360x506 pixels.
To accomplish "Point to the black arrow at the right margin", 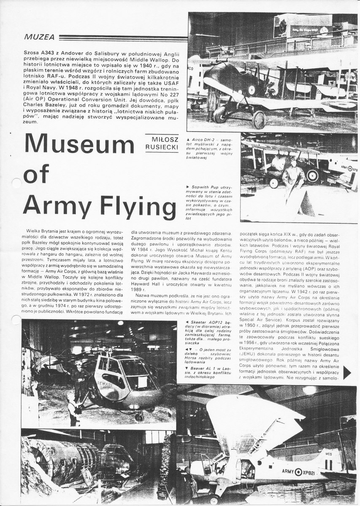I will tap(347, 372).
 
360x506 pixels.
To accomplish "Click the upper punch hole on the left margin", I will tap(16, 183).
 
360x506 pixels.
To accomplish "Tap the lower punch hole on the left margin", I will tap(16, 320).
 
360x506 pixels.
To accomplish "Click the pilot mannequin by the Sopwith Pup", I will tap(293, 177).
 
